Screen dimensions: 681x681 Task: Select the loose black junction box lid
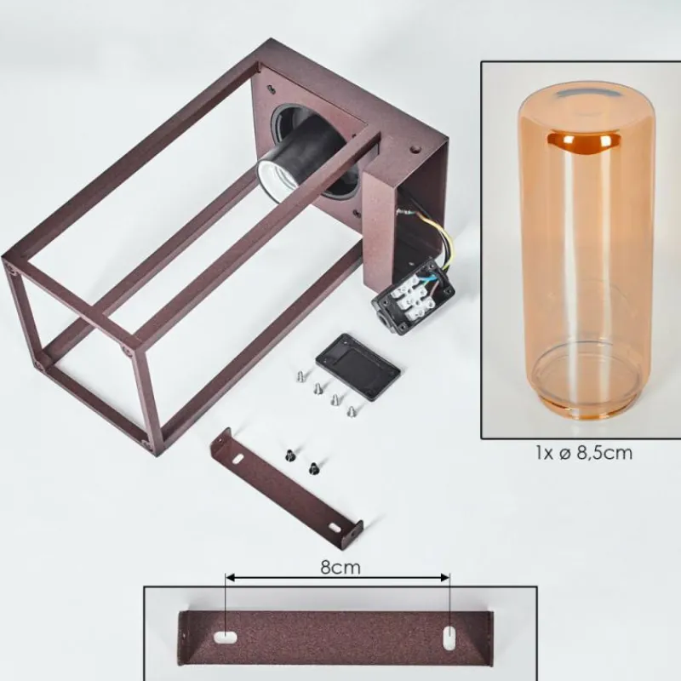(358, 367)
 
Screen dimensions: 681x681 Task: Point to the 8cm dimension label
(340, 567)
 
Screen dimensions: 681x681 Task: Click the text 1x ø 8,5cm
(584, 453)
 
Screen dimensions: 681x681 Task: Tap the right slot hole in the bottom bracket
(449, 641)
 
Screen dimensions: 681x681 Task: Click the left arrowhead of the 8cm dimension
(230, 578)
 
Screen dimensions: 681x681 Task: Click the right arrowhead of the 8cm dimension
(444, 578)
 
